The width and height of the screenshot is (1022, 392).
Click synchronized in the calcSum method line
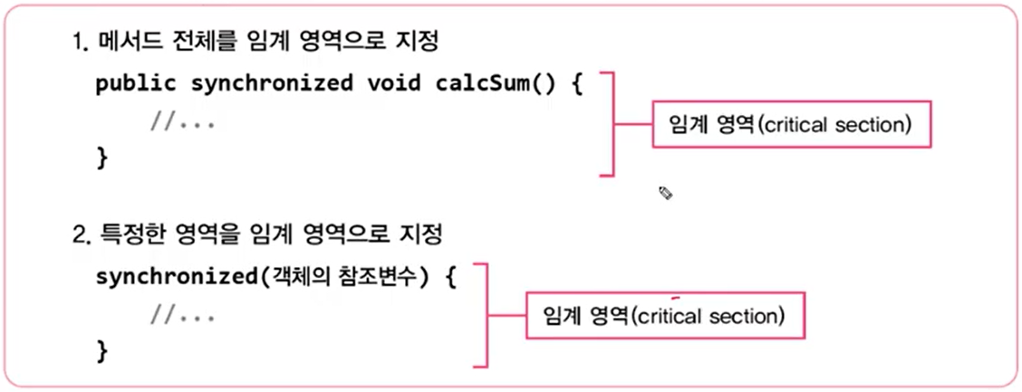(x=272, y=84)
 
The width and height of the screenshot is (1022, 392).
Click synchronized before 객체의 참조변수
(x=176, y=276)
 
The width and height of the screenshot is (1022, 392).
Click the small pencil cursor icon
(x=666, y=192)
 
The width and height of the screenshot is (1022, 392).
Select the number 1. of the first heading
(x=80, y=42)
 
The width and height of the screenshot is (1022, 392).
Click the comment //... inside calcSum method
(x=182, y=122)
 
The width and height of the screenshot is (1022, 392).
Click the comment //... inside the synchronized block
(x=182, y=316)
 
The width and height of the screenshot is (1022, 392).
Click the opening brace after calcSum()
(x=574, y=84)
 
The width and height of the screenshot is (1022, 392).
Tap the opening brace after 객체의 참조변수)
(x=448, y=276)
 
